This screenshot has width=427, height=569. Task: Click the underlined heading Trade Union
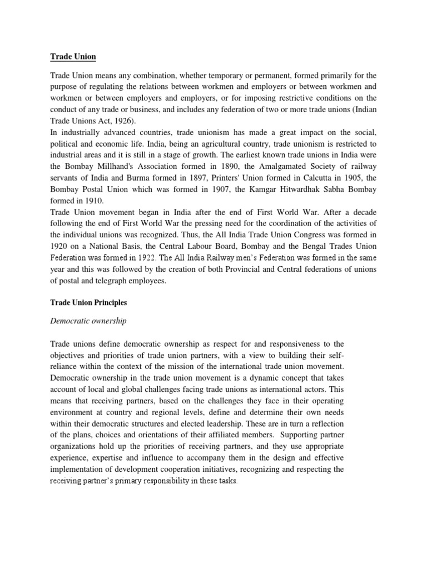click(x=72, y=56)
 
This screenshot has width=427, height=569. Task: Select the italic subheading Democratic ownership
click(x=88, y=321)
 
